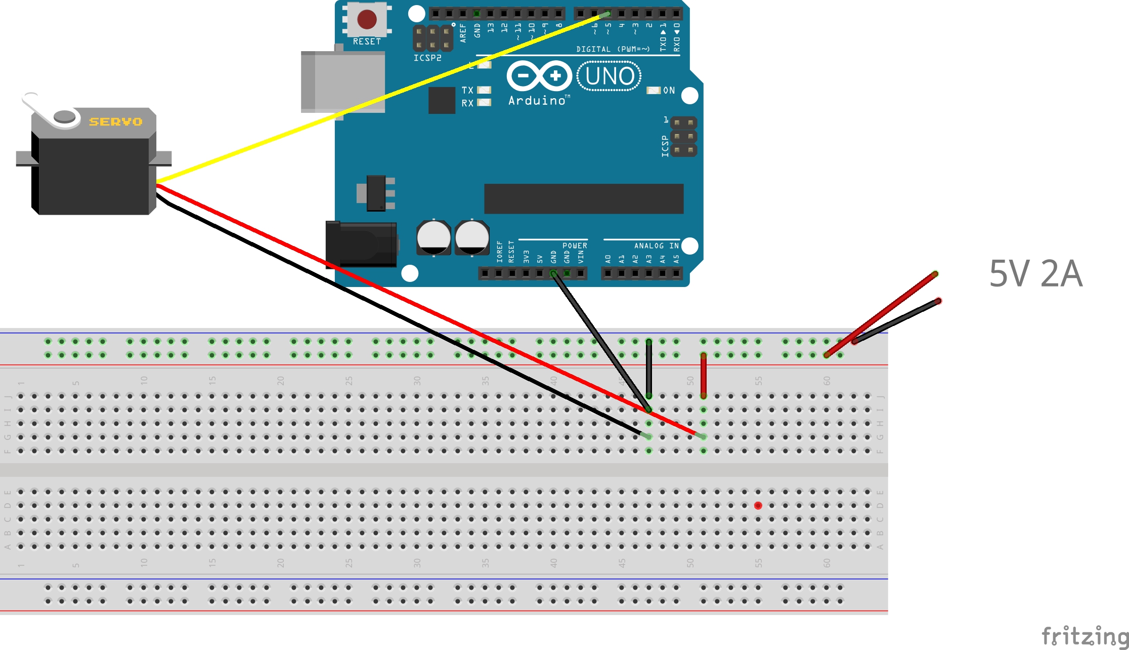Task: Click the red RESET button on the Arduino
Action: tap(367, 20)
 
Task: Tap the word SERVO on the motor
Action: tap(116, 121)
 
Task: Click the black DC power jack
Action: tap(360, 245)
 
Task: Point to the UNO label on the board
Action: tap(609, 76)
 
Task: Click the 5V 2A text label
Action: tap(1035, 274)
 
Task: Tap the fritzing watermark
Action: tap(1084, 636)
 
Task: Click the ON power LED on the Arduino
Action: tap(654, 90)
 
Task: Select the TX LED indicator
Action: tap(484, 90)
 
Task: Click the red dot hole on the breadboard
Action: tap(758, 505)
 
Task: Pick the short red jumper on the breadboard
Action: tap(703, 376)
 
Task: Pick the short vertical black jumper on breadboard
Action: tap(649, 369)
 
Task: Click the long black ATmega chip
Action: tap(583, 198)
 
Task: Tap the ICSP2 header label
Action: tap(427, 58)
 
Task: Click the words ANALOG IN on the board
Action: tap(656, 246)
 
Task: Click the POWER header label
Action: tap(575, 246)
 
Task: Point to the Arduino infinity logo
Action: tap(539, 76)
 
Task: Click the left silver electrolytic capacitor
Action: tap(433, 237)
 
